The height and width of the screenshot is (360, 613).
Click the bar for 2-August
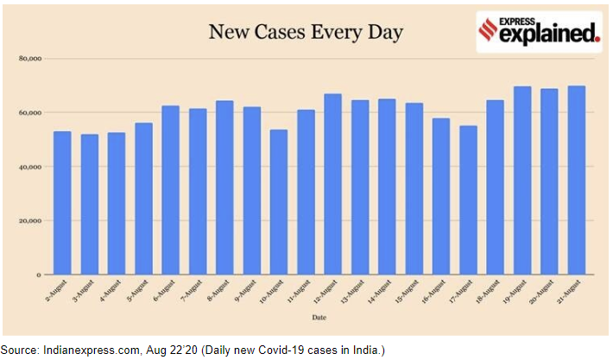[x=62, y=203]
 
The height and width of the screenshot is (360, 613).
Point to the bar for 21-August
[x=577, y=180]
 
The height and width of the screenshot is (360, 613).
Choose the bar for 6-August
[x=171, y=190]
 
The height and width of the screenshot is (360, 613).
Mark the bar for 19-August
[x=522, y=180]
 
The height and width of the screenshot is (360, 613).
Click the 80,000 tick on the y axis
[x=29, y=59]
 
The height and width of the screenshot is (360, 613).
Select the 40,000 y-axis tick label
[x=29, y=167]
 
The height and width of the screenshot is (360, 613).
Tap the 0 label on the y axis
[x=39, y=275]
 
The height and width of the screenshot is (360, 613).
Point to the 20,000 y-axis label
[x=29, y=221]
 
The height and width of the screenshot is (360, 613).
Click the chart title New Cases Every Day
[x=306, y=33]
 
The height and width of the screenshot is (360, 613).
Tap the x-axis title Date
[x=320, y=319]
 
